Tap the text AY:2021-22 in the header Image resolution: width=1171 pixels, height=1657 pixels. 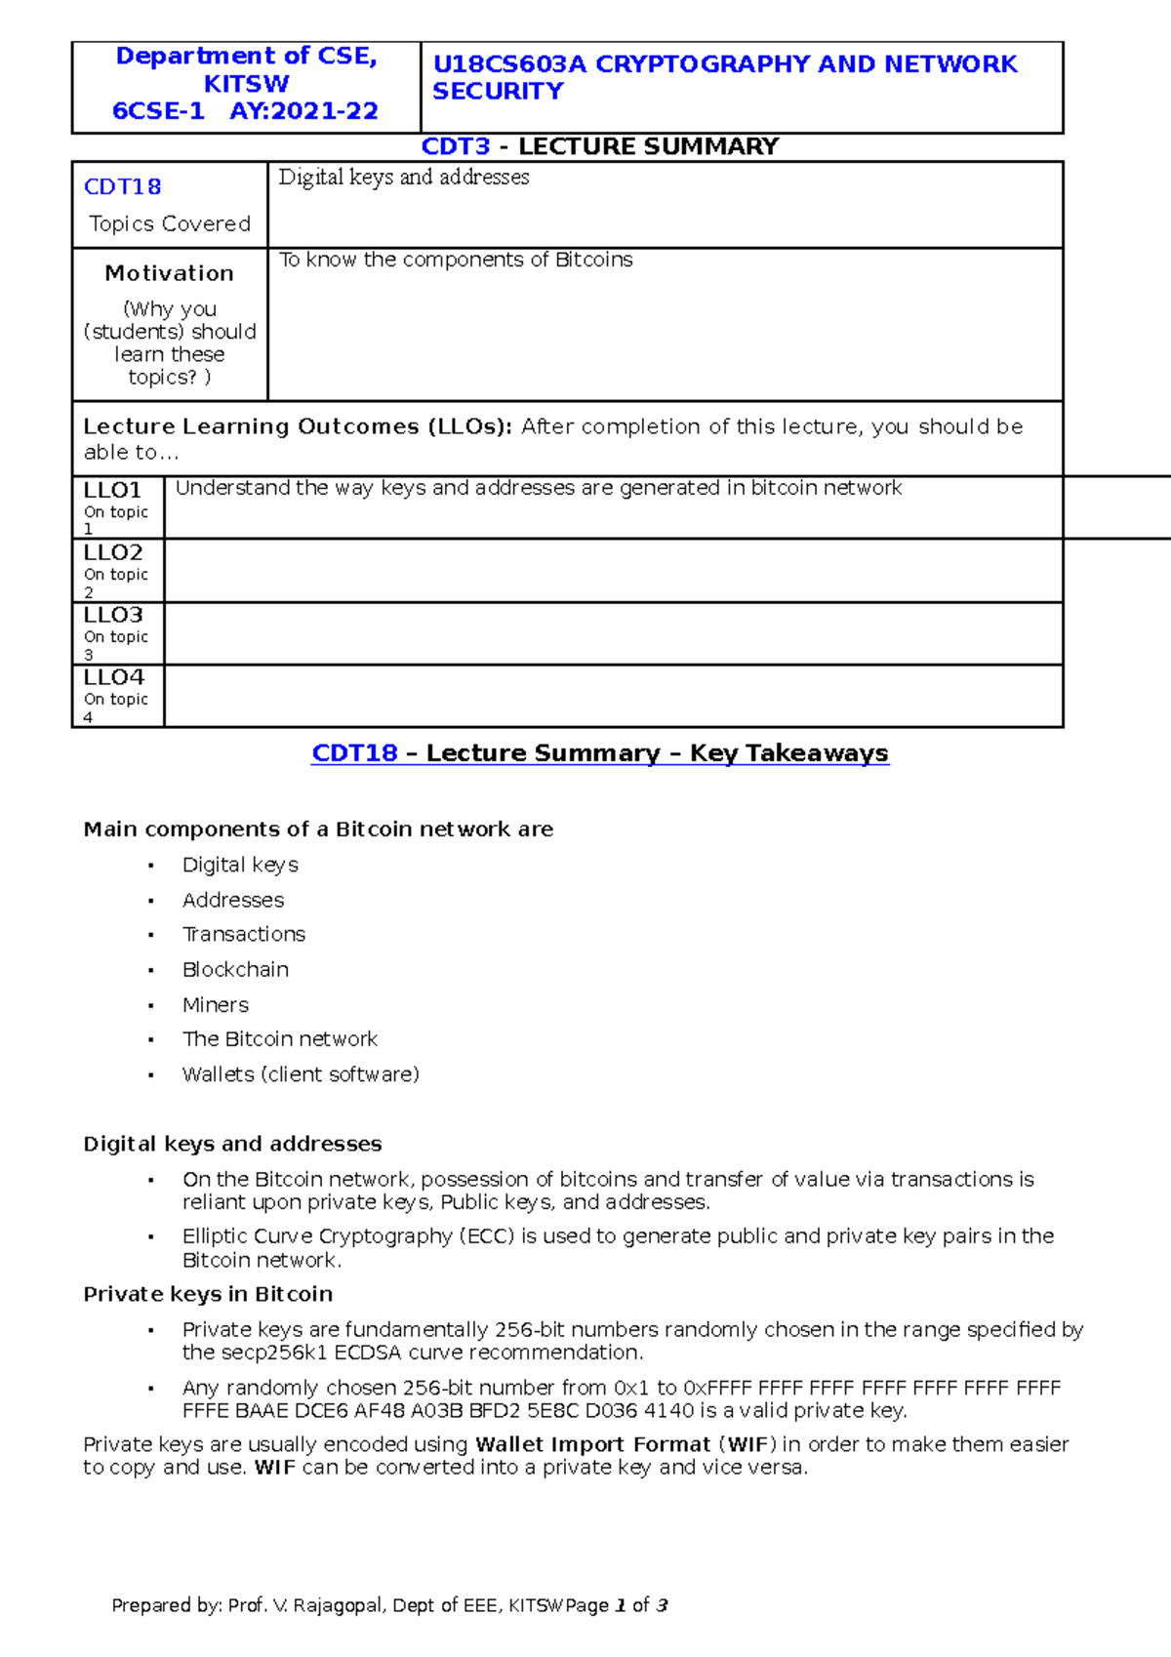(303, 111)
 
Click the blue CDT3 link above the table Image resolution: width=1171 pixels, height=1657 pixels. (455, 146)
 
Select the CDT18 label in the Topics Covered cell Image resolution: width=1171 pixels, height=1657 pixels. (122, 186)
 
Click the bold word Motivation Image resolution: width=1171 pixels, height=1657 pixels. (169, 273)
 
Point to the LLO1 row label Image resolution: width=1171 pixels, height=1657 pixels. (112, 490)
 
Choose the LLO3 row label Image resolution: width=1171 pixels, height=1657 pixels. (112, 615)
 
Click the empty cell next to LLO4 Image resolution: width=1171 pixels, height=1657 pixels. (613, 696)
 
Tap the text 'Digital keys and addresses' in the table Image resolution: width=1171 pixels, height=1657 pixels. (403, 178)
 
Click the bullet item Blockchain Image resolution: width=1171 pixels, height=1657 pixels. (235, 969)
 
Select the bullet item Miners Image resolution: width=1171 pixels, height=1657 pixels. (215, 1004)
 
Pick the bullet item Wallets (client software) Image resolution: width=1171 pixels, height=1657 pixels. (301, 1074)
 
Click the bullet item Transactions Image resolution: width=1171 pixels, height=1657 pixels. (243, 934)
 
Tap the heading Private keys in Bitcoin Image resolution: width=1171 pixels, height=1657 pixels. (208, 1294)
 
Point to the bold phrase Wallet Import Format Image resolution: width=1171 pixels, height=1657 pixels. (592, 1444)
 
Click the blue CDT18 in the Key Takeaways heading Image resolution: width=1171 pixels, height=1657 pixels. (354, 753)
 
